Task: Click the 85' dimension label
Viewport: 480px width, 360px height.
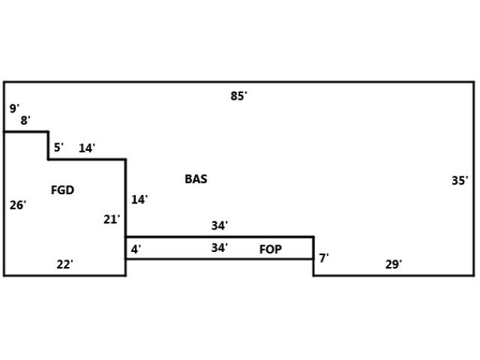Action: [x=238, y=95]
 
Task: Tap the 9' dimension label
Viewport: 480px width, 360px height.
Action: [x=13, y=109]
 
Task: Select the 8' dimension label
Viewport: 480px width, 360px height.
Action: [x=25, y=120]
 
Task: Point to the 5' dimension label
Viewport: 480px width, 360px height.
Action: [x=58, y=147]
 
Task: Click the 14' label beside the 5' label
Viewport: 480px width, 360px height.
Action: [x=87, y=148]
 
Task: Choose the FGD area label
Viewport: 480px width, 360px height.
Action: [x=62, y=190]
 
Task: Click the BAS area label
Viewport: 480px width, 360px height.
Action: [x=196, y=179]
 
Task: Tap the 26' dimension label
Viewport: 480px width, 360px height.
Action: [x=18, y=205]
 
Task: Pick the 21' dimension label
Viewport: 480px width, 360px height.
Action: [x=111, y=219]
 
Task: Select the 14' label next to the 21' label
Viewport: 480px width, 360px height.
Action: [x=139, y=199]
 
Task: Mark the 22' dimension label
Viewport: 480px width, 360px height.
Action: [x=64, y=264]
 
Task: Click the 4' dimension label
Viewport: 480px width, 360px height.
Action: [x=136, y=248]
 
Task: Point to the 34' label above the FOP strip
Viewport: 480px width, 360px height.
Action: [x=219, y=225]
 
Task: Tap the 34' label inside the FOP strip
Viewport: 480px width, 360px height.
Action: [x=219, y=247]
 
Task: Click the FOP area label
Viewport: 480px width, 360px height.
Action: [x=271, y=249]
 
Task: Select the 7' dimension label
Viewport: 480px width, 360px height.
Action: [x=323, y=258]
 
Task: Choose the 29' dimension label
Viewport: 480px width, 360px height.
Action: [x=393, y=264]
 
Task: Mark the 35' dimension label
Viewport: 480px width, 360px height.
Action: [x=460, y=180]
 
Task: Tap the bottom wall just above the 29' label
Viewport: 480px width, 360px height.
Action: [x=393, y=275]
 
